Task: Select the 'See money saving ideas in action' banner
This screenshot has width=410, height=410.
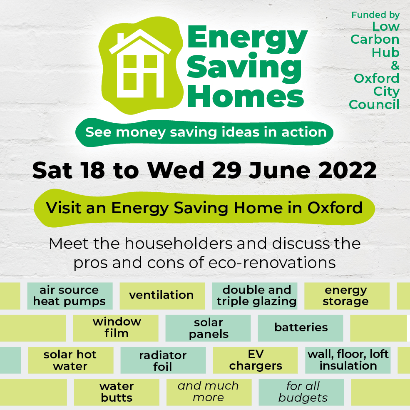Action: point(206,132)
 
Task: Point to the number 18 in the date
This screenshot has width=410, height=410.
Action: point(93,170)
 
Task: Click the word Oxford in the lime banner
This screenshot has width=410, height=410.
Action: point(335,208)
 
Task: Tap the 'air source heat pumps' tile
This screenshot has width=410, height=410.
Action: point(70,296)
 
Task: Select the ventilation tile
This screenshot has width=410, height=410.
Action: point(162,296)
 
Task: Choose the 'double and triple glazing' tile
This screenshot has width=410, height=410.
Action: point(256,296)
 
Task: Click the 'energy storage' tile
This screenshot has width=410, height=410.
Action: point(346,296)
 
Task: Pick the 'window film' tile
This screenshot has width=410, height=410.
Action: point(117,328)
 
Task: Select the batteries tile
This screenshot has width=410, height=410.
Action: point(301,328)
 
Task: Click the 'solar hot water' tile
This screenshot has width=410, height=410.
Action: point(70,360)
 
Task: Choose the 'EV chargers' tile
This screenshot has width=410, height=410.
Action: point(256,360)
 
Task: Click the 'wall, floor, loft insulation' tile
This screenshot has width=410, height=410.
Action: point(348,360)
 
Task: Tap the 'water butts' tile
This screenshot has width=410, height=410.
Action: point(117,392)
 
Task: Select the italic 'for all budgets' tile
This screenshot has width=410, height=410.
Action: point(303,392)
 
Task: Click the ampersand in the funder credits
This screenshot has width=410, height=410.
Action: point(395,65)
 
